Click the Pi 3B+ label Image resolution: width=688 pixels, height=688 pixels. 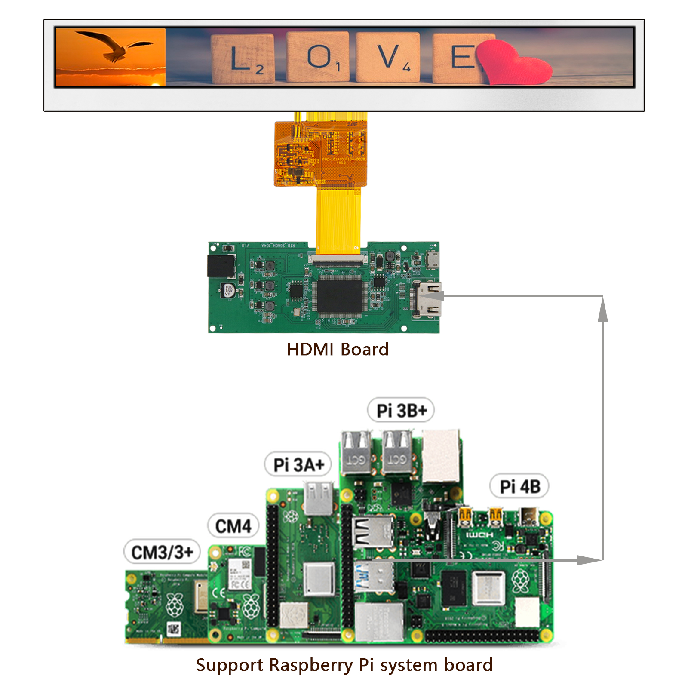(x=401, y=410)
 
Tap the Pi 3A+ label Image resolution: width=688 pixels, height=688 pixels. (x=298, y=464)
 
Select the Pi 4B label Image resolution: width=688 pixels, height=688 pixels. (x=519, y=486)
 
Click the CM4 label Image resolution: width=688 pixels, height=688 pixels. (x=233, y=526)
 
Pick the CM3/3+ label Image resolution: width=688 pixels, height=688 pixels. (x=162, y=552)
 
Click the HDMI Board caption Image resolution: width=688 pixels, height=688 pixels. (x=338, y=349)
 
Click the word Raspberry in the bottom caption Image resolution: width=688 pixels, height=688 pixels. (x=310, y=665)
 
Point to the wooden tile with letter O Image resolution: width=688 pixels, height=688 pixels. (x=318, y=57)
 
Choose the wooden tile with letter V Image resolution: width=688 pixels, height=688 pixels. (x=388, y=57)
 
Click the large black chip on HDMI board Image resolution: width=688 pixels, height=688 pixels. (x=340, y=296)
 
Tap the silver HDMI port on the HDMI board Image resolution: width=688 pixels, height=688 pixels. (x=427, y=299)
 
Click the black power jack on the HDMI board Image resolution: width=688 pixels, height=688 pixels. (x=221, y=266)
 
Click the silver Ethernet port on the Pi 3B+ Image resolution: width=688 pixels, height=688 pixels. (x=440, y=456)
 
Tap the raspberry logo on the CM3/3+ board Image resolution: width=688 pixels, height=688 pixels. (x=175, y=604)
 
